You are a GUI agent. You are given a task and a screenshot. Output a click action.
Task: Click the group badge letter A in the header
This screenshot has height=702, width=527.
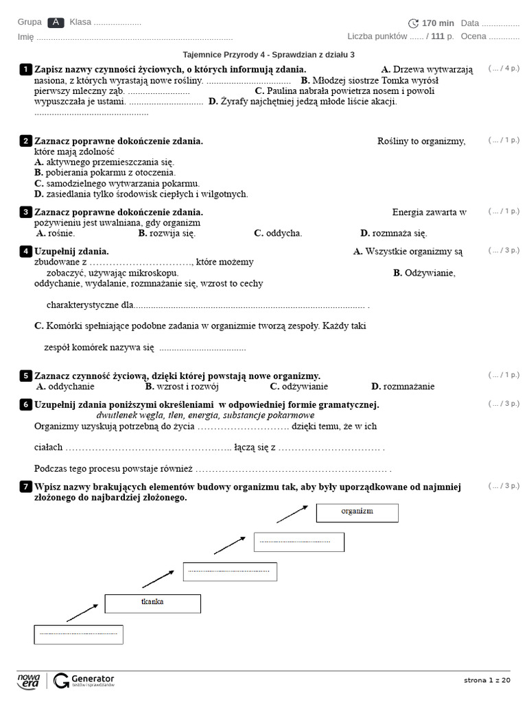(56, 23)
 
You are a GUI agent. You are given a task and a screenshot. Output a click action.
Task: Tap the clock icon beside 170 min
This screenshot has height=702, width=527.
(413, 23)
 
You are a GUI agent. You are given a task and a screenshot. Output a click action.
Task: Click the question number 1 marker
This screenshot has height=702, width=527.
(25, 69)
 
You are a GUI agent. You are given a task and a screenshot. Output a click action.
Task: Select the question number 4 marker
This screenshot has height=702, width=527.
(25, 252)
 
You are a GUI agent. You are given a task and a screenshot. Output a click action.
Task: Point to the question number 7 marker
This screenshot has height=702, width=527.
(25, 487)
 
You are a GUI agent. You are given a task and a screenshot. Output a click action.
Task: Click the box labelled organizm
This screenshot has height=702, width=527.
(357, 512)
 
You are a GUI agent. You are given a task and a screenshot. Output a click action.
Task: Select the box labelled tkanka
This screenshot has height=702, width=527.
(153, 603)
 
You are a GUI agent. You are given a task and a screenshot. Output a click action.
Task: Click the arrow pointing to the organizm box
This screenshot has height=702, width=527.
(291, 513)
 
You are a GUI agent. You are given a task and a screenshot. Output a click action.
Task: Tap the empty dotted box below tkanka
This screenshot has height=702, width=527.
(78, 634)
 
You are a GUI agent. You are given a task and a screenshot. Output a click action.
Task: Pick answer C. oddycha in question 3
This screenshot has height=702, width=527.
(278, 234)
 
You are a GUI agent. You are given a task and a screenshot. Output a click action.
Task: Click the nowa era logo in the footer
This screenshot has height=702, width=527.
(29, 680)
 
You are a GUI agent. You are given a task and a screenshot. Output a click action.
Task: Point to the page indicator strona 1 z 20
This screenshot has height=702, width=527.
(487, 680)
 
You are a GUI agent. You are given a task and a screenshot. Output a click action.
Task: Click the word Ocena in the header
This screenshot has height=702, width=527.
(473, 36)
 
